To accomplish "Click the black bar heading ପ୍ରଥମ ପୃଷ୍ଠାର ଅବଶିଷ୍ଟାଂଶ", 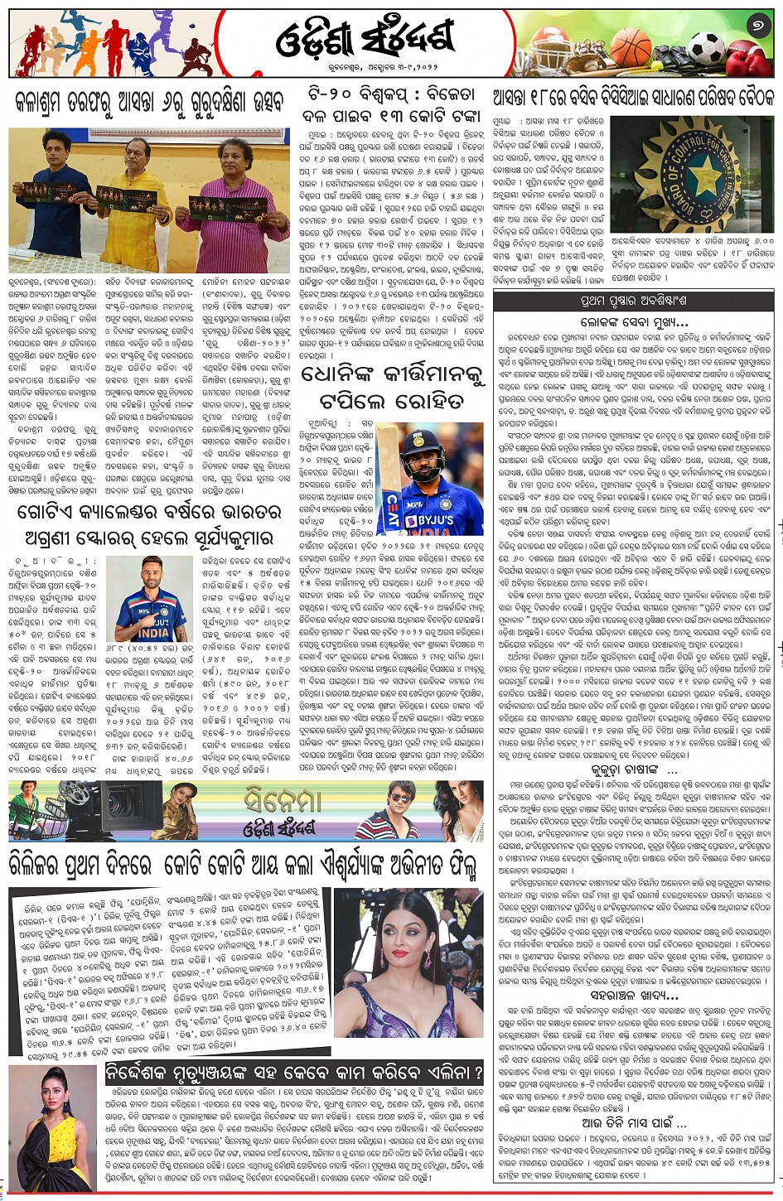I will [x=634, y=300].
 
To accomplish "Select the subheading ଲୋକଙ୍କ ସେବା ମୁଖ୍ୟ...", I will [x=634, y=321].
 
